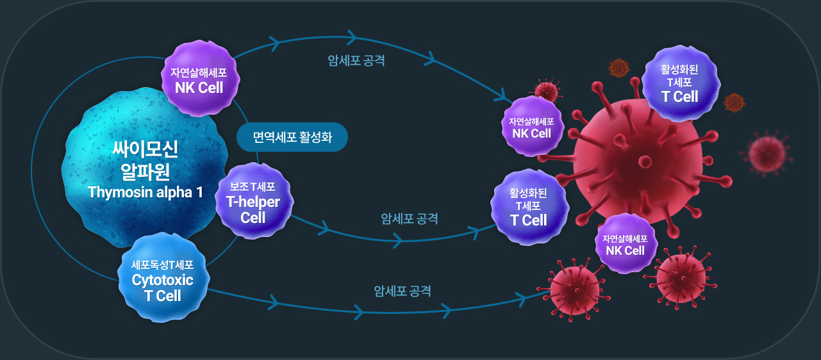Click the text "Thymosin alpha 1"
[145, 192]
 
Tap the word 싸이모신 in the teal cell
[145, 149]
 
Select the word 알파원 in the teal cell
[145, 171]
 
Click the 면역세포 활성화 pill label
[292, 137]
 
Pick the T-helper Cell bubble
[254, 201]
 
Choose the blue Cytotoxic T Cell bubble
[163, 279]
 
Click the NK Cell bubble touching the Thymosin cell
[200, 79]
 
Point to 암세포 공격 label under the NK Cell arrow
[356, 60]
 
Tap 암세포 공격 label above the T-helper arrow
[410, 218]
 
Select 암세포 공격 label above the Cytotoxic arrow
[402, 291]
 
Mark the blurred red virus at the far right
[767, 154]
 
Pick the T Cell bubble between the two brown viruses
[681, 83]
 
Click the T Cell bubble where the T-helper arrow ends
[529, 208]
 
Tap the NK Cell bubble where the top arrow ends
[532, 127]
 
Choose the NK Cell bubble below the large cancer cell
[626, 244]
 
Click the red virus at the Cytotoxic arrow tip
[574, 290]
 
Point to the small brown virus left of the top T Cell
[618, 68]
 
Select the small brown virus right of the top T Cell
[734, 102]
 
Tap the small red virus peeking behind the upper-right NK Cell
[547, 90]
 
